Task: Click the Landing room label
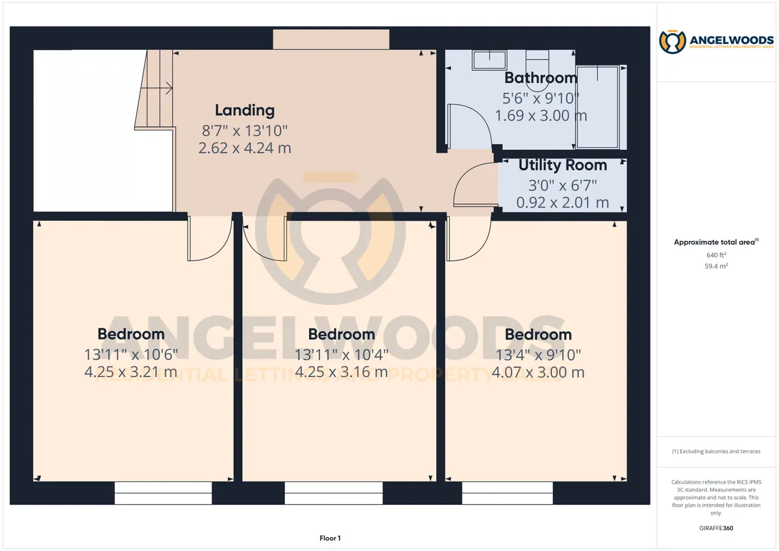coord(245,110)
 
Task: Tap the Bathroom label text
coord(541,78)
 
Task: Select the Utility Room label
coord(563,165)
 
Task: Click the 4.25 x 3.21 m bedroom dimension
coord(130,372)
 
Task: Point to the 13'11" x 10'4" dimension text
coord(341,355)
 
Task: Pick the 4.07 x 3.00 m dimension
coord(538,373)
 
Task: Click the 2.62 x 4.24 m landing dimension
coord(245,148)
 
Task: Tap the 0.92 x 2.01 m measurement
coord(563,202)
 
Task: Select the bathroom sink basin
coord(489,60)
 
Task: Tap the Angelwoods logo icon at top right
coord(673,42)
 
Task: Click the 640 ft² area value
coord(716,255)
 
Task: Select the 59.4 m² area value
coord(716,266)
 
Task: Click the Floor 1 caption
coord(330,538)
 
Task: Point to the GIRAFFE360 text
coord(716,528)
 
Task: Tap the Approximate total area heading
coord(716,242)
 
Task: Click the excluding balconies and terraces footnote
coord(716,451)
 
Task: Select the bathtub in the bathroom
coord(597,107)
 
